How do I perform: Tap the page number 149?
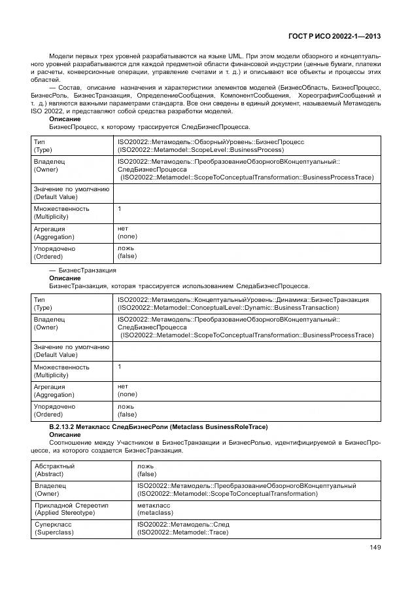(x=374, y=548)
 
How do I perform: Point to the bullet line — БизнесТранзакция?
(x=83, y=270)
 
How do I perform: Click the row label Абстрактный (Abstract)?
(x=54, y=470)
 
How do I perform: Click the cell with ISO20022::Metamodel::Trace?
(x=182, y=533)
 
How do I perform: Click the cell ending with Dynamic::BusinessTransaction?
(x=228, y=307)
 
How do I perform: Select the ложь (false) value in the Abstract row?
(x=146, y=470)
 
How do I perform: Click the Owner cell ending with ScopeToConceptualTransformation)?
(x=247, y=489)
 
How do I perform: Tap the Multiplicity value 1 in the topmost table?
(x=120, y=209)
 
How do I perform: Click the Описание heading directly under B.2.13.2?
(x=65, y=435)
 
